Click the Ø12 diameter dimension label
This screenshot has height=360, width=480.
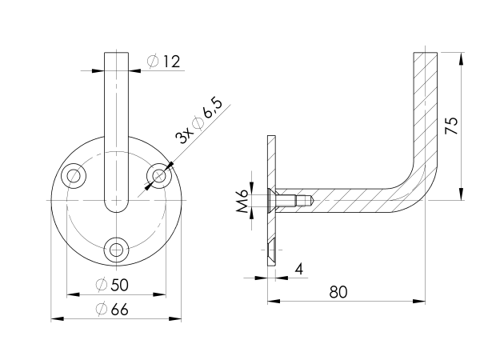pyautogui.click(x=165, y=61)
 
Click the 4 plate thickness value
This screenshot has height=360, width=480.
pyautogui.click(x=298, y=268)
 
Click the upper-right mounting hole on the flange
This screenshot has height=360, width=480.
pyautogui.click(x=160, y=174)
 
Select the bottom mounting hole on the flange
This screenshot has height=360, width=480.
pyautogui.click(x=118, y=249)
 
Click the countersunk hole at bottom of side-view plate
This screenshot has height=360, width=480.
pyautogui.click(x=272, y=251)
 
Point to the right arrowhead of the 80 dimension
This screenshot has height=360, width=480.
pyautogui.click(x=421, y=302)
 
